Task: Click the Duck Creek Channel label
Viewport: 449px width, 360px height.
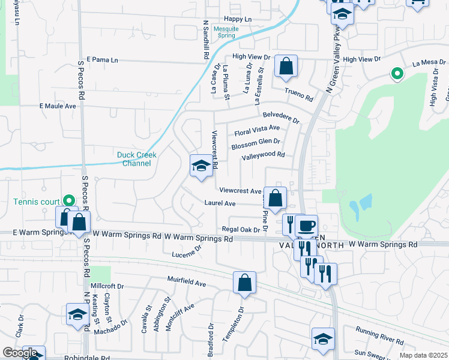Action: tap(136, 159)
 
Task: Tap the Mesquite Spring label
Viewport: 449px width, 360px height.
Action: tap(226, 32)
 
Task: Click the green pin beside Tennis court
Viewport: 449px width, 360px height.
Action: tap(69, 201)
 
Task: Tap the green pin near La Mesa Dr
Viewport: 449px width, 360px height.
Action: tap(396, 74)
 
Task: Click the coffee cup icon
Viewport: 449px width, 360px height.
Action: tap(306, 226)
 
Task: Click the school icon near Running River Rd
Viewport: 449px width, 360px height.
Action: tap(323, 338)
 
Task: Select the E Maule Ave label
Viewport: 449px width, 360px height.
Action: tap(58, 106)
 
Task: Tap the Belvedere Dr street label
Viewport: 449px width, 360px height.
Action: tap(280, 116)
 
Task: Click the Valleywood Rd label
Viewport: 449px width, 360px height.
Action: tap(262, 155)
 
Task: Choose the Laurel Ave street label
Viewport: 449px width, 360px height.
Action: tap(220, 203)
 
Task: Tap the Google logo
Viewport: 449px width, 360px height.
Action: tap(20, 353)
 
